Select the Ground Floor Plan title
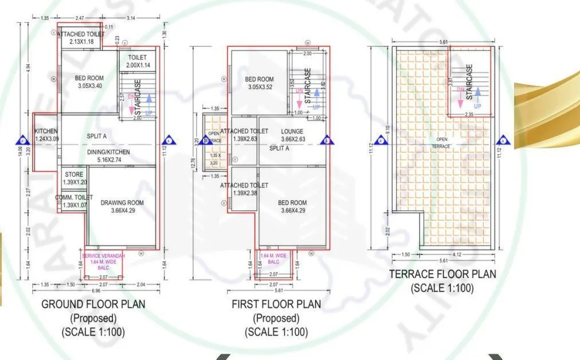coord(93,304)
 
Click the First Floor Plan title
coord(276,304)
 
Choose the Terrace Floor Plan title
coord(442,274)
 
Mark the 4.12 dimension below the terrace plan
coord(457,254)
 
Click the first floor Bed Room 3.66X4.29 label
coord(292,207)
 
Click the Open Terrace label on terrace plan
coord(442,143)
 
